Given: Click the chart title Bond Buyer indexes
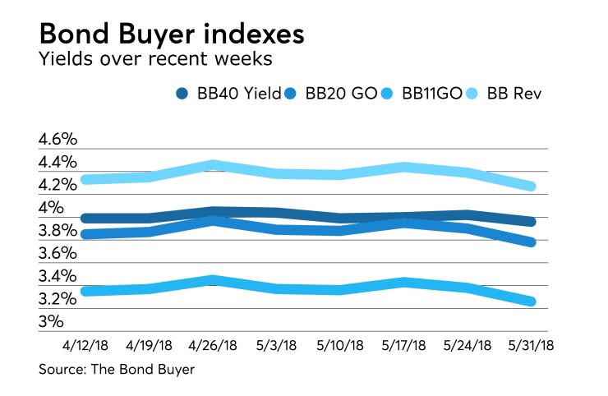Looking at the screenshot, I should click(173, 35).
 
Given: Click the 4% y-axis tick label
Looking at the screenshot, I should click(50, 208).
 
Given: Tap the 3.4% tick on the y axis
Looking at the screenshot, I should click(57, 276).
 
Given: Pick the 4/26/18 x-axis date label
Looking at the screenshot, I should click(214, 344).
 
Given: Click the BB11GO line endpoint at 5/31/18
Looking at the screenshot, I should click(532, 302).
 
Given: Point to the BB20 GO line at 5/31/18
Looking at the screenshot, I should click(532, 242).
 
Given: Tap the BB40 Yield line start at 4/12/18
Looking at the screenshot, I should click(85, 218).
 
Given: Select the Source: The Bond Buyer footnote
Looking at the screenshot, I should click(116, 370).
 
